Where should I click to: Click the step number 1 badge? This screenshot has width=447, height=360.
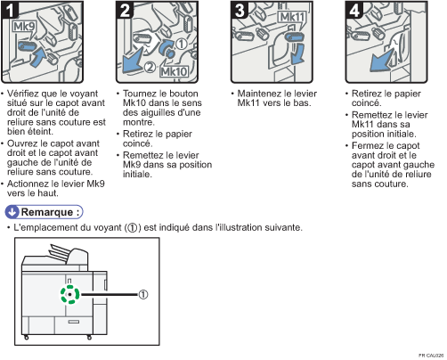tap(10, 10)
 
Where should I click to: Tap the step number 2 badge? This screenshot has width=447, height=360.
tap(125, 10)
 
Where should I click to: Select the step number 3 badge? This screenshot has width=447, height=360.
tap(240, 10)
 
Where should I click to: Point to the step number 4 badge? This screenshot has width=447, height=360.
tap(354, 10)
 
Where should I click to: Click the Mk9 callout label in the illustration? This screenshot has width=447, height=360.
tap(24, 27)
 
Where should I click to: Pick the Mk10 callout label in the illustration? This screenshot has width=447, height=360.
tap(175, 71)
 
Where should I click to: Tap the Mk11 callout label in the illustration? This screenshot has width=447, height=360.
tap(292, 17)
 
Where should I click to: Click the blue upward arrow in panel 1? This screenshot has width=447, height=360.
tap(38, 57)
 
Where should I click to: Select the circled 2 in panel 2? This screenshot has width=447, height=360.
tap(150, 67)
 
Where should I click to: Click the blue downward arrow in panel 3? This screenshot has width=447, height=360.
tap(297, 53)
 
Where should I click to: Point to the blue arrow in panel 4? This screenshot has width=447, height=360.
tap(382, 61)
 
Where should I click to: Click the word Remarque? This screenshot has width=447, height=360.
tap(47, 212)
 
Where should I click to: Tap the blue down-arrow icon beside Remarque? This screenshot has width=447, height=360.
tap(12, 212)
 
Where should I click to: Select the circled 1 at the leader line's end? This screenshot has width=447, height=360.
tap(143, 294)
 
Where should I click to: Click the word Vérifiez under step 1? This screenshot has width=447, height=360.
tap(23, 94)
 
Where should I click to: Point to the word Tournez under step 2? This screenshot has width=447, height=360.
tap(139, 94)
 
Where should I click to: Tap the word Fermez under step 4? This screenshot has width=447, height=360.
tap(368, 146)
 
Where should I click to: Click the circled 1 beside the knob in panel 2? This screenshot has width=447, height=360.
tap(182, 45)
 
